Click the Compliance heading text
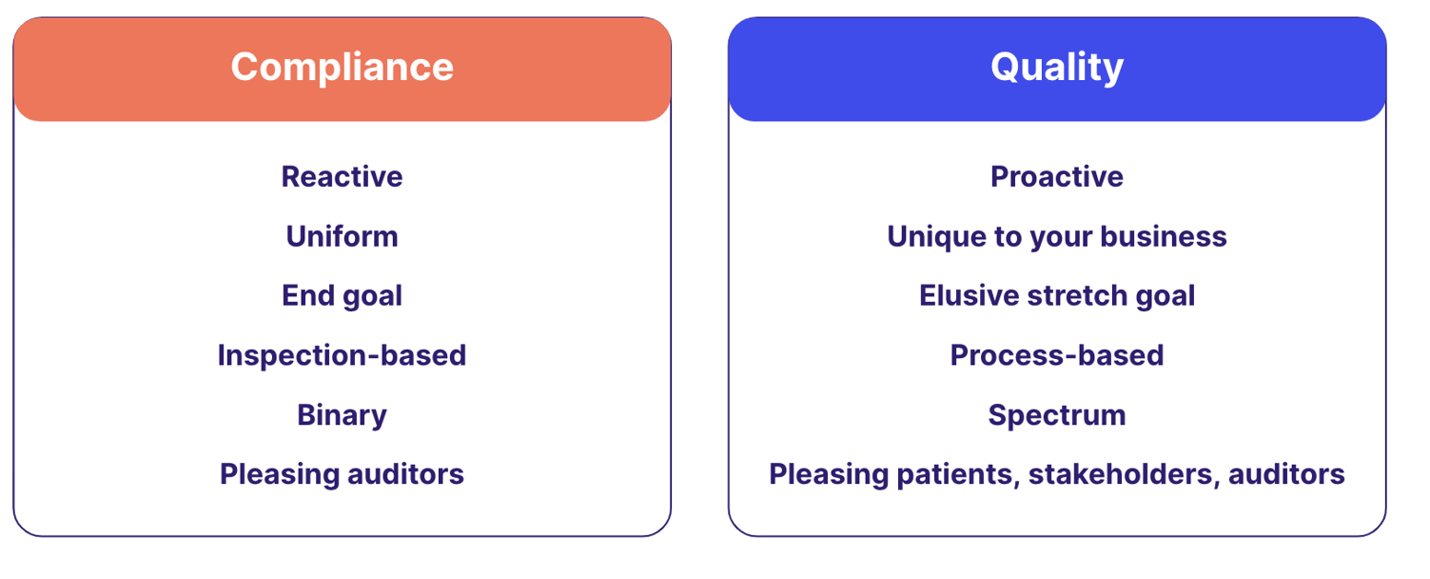point(343,67)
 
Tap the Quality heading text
point(1056,67)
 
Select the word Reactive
point(343,176)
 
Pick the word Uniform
point(343,236)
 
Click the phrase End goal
point(343,296)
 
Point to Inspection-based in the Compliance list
point(343,355)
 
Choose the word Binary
point(343,415)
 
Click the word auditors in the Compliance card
point(405,474)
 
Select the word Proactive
point(1056,176)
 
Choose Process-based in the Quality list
point(1056,355)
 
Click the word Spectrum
point(1056,415)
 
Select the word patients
point(958,475)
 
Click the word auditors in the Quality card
point(1286,474)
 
